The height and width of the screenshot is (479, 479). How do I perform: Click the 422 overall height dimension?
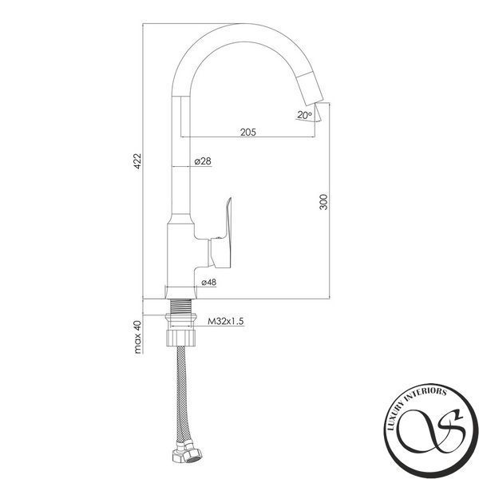[138, 160]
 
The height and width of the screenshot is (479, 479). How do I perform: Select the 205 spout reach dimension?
[248, 133]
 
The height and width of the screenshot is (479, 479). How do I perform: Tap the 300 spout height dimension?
[323, 202]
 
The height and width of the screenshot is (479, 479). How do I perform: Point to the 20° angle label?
[305, 115]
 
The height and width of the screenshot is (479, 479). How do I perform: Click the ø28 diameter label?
[203, 161]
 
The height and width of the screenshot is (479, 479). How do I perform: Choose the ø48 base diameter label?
[209, 283]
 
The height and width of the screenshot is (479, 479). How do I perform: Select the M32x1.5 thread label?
[225, 322]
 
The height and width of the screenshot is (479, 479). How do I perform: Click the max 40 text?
[138, 337]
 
